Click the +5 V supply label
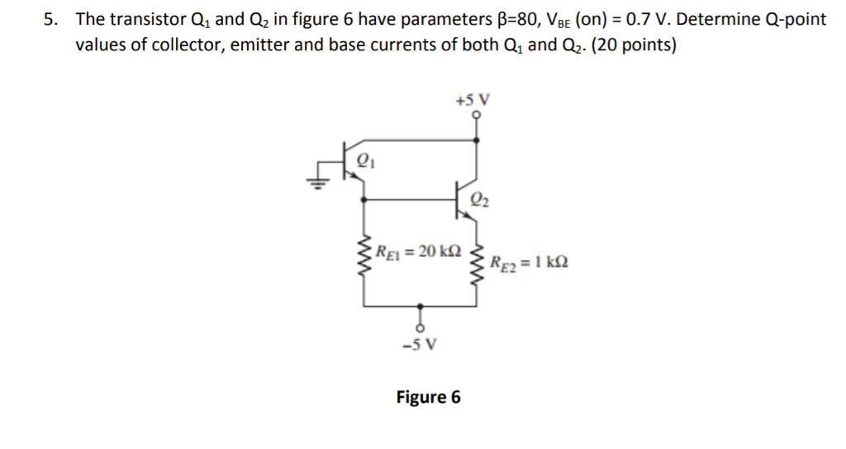pos(473,101)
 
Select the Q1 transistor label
pos(364,161)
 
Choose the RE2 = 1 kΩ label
pos(528,264)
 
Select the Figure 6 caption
pos(428,397)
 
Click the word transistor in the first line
pos(145,18)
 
